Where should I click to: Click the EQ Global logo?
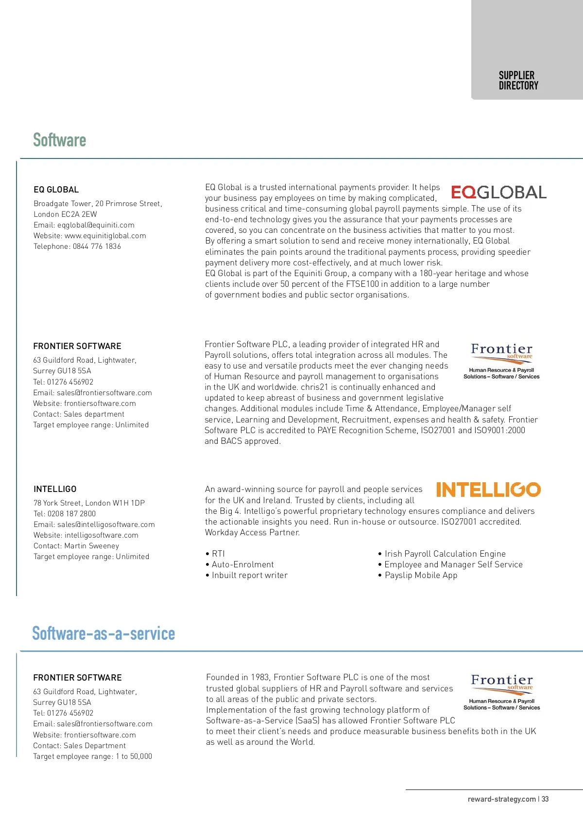(498, 192)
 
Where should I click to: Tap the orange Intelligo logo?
(488, 490)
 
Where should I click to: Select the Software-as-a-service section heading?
(103, 633)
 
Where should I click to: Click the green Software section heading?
(59, 140)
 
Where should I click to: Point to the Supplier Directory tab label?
(518, 81)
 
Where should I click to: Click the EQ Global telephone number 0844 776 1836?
(97, 246)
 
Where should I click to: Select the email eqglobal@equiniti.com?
(96, 225)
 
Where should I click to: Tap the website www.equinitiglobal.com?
(105, 236)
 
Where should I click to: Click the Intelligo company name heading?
(55, 489)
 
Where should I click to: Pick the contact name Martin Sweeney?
(90, 546)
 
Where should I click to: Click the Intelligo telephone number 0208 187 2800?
(71, 514)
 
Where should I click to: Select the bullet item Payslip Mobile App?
(421, 575)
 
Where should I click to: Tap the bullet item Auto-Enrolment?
(242, 564)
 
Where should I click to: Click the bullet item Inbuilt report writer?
(249, 575)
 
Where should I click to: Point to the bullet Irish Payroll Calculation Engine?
(445, 554)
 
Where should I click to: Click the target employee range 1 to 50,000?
(134, 756)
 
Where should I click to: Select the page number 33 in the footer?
(545, 799)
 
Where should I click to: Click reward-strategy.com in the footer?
(501, 799)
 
